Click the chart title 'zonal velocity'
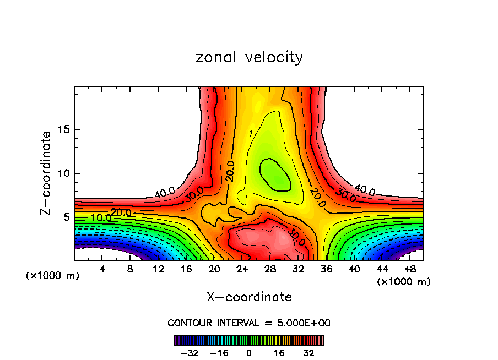tap(249, 57)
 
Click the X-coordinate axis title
tap(249, 297)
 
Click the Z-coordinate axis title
tap(46, 173)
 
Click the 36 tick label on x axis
tap(326, 269)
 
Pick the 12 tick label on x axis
tap(158, 269)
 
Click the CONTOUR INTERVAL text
tap(249, 323)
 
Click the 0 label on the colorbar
tap(249, 352)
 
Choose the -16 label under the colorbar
tap(220, 352)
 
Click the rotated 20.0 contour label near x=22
tap(230, 171)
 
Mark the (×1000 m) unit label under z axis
tap(53, 276)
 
